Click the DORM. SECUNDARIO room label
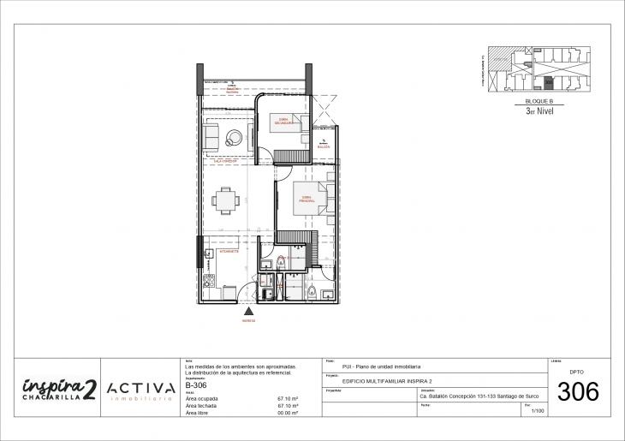(284, 122)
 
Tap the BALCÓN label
(323, 147)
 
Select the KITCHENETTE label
(229, 253)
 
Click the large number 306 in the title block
(578, 392)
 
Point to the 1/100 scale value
(538, 412)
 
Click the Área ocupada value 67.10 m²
(287, 398)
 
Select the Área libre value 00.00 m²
(287, 413)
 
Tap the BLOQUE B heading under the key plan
(540, 101)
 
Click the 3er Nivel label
(540, 110)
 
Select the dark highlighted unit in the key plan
(549, 83)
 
